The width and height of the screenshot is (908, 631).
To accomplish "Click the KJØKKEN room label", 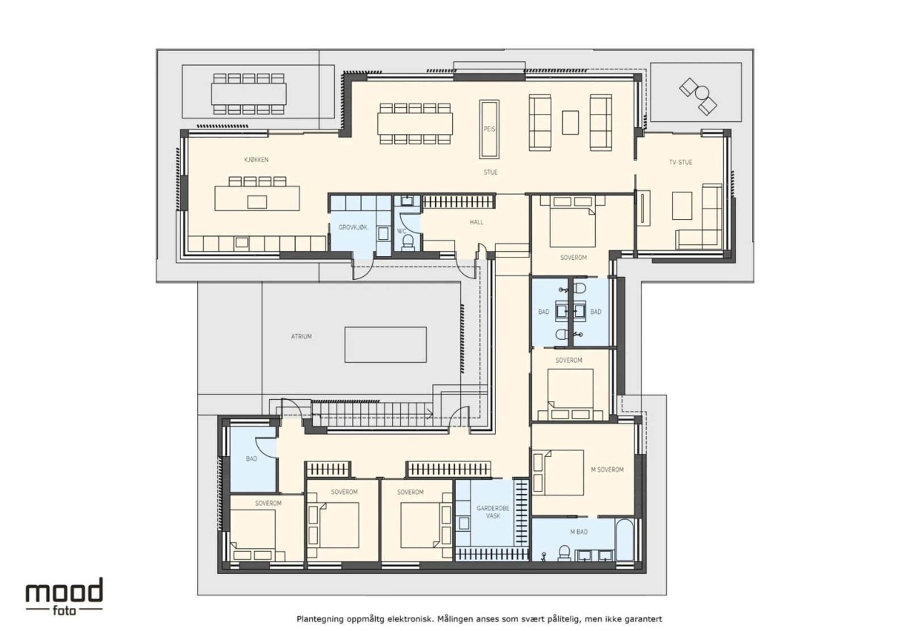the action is [256, 159].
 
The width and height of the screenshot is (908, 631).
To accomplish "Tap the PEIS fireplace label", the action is [489, 129].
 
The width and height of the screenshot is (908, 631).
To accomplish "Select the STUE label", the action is [490, 172].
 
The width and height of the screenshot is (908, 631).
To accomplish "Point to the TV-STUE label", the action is [680, 162].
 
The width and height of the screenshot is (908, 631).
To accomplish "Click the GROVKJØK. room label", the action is [353, 227].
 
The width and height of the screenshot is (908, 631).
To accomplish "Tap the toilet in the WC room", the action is [407, 243].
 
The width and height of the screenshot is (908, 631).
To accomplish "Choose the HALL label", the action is [476, 222].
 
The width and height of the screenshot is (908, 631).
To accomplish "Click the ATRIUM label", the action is [301, 336].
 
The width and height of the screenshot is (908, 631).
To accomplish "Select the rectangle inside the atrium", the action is [385, 345].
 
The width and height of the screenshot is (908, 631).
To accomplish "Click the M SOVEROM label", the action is [607, 469].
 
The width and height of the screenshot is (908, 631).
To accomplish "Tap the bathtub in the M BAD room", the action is [624, 540].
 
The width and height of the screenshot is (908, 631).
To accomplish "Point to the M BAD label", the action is [579, 532].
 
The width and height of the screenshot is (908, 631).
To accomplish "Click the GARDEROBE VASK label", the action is [493, 512].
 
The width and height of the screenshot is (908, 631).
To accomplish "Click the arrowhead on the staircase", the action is [430, 414].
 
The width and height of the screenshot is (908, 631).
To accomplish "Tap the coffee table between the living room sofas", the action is [570, 122].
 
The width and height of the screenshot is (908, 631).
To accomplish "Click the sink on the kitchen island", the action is [257, 202].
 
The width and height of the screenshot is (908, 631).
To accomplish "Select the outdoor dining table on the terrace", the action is [249, 94].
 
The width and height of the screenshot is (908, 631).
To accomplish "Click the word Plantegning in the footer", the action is [321, 619].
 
